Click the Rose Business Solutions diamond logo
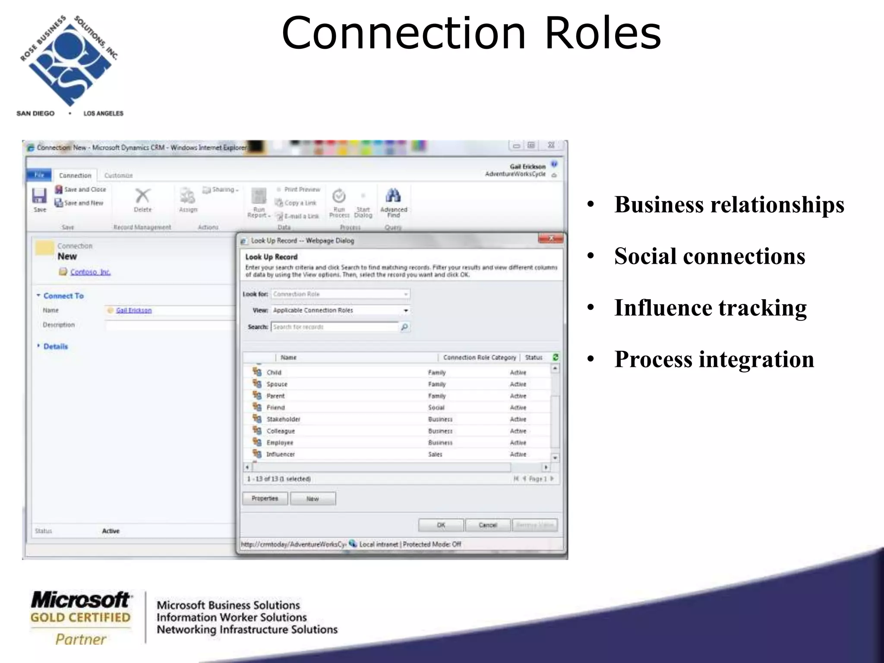pyautogui.click(x=69, y=62)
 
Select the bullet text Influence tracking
pyautogui.click(x=710, y=308)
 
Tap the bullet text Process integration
pyautogui.click(x=714, y=359)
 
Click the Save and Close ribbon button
pyautogui.click(x=81, y=189)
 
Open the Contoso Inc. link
pyautogui.click(x=90, y=272)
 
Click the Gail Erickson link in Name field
pyautogui.click(x=134, y=310)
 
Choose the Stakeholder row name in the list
pyautogui.click(x=283, y=419)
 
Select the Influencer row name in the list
pyautogui.click(x=281, y=454)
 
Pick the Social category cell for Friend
pyautogui.click(x=436, y=407)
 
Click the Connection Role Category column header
pyautogui.click(x=479, y=357)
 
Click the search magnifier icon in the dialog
pyautogui.click(x=404, y=327)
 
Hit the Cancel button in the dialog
pyautogui.click(x=488, y=525)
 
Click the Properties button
pyautogui.click(x=265, y=499)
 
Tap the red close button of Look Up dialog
pyautogui.click(x=551, y=239)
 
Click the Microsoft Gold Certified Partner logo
pyautogui.click(x=81, y=618)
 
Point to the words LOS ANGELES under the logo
pyautogui.click(x=103, y=114)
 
